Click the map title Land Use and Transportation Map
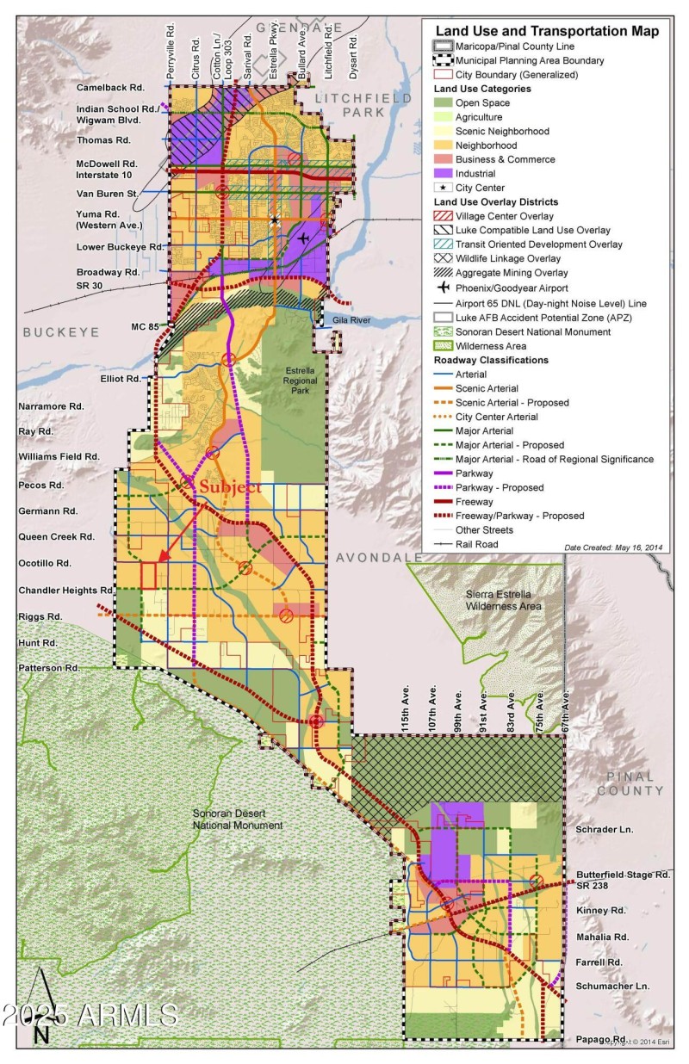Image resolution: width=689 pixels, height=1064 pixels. pyautogui.click(x=547, y=31)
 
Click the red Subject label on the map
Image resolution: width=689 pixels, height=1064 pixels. pyautogui.click(x=230, y=487)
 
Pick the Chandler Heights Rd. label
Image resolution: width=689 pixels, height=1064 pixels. pyautogui.click(x=66, y=591)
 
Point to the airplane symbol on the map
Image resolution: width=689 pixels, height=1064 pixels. pyautogui.click(x=302, y=238)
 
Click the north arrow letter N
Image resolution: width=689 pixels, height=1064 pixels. pyautogui.click(x=40, y=1035)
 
